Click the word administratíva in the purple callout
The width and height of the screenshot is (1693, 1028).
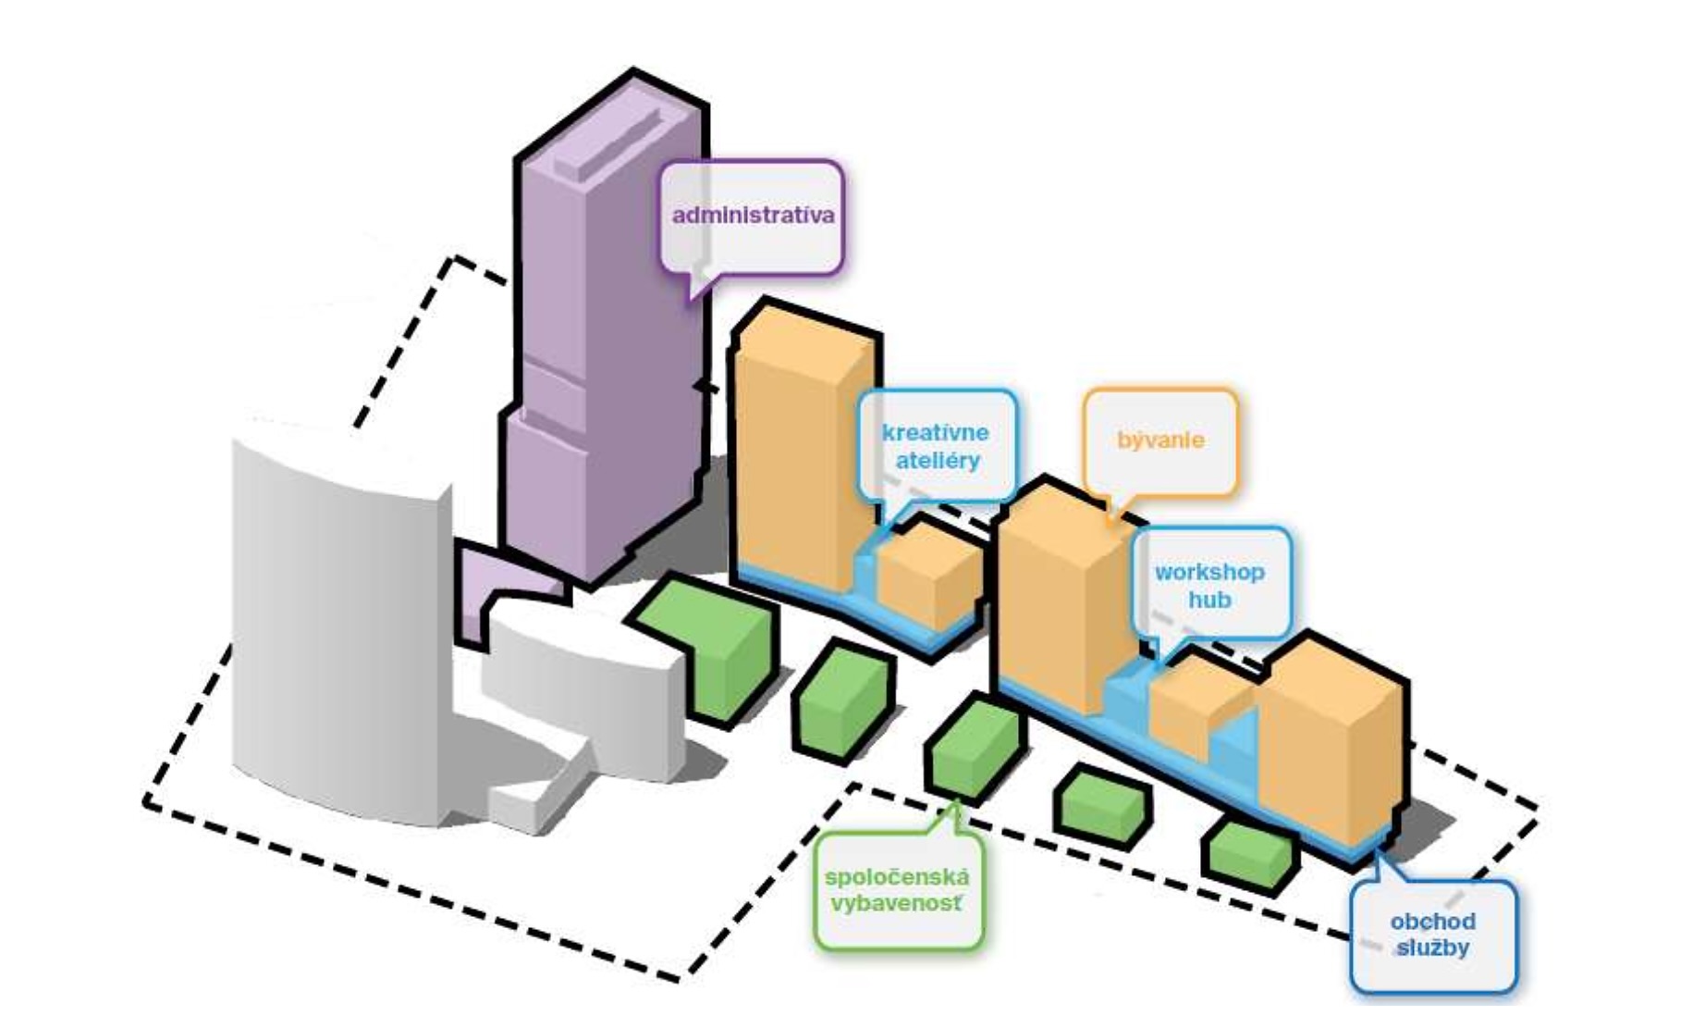[x=753, y=216]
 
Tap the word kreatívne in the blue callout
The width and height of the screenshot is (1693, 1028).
[x=935, y=432]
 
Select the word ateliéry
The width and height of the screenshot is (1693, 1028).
[x=937, y=460]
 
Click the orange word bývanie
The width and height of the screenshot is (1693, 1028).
[x=1160, y=440]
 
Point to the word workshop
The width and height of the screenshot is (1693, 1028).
[x=1209, y=572]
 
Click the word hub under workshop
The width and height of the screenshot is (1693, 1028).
[x=1209, y=600]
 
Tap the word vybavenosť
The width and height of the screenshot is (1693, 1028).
[x=896, y=903]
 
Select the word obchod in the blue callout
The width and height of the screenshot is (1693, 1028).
[x=1432, y=922]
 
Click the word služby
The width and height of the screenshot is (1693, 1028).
[x=1432, y=948]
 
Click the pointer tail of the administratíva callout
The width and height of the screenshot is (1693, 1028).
[x=699, y=282]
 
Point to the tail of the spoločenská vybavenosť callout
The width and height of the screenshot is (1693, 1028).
[x=952, y=819]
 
